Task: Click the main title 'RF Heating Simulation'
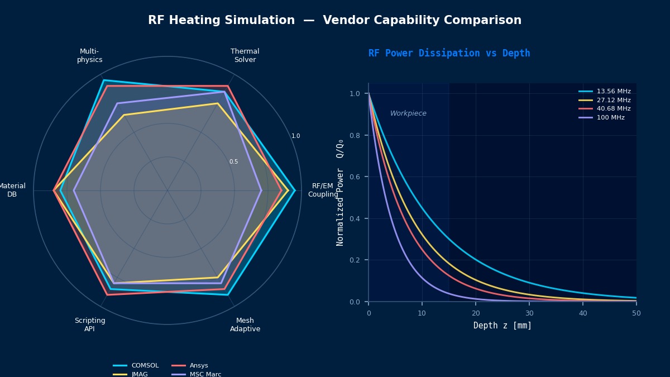222,21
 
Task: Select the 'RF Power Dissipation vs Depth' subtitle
449,53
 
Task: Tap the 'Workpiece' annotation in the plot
408,113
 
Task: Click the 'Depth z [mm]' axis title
502,326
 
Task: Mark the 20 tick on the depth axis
476,313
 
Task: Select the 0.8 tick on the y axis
355,135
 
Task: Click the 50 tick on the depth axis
636,313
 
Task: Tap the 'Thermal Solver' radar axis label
245,55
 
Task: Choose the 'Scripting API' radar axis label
90,324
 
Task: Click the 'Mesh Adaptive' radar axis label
245,324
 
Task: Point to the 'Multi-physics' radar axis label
89,55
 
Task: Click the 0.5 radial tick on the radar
233,162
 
